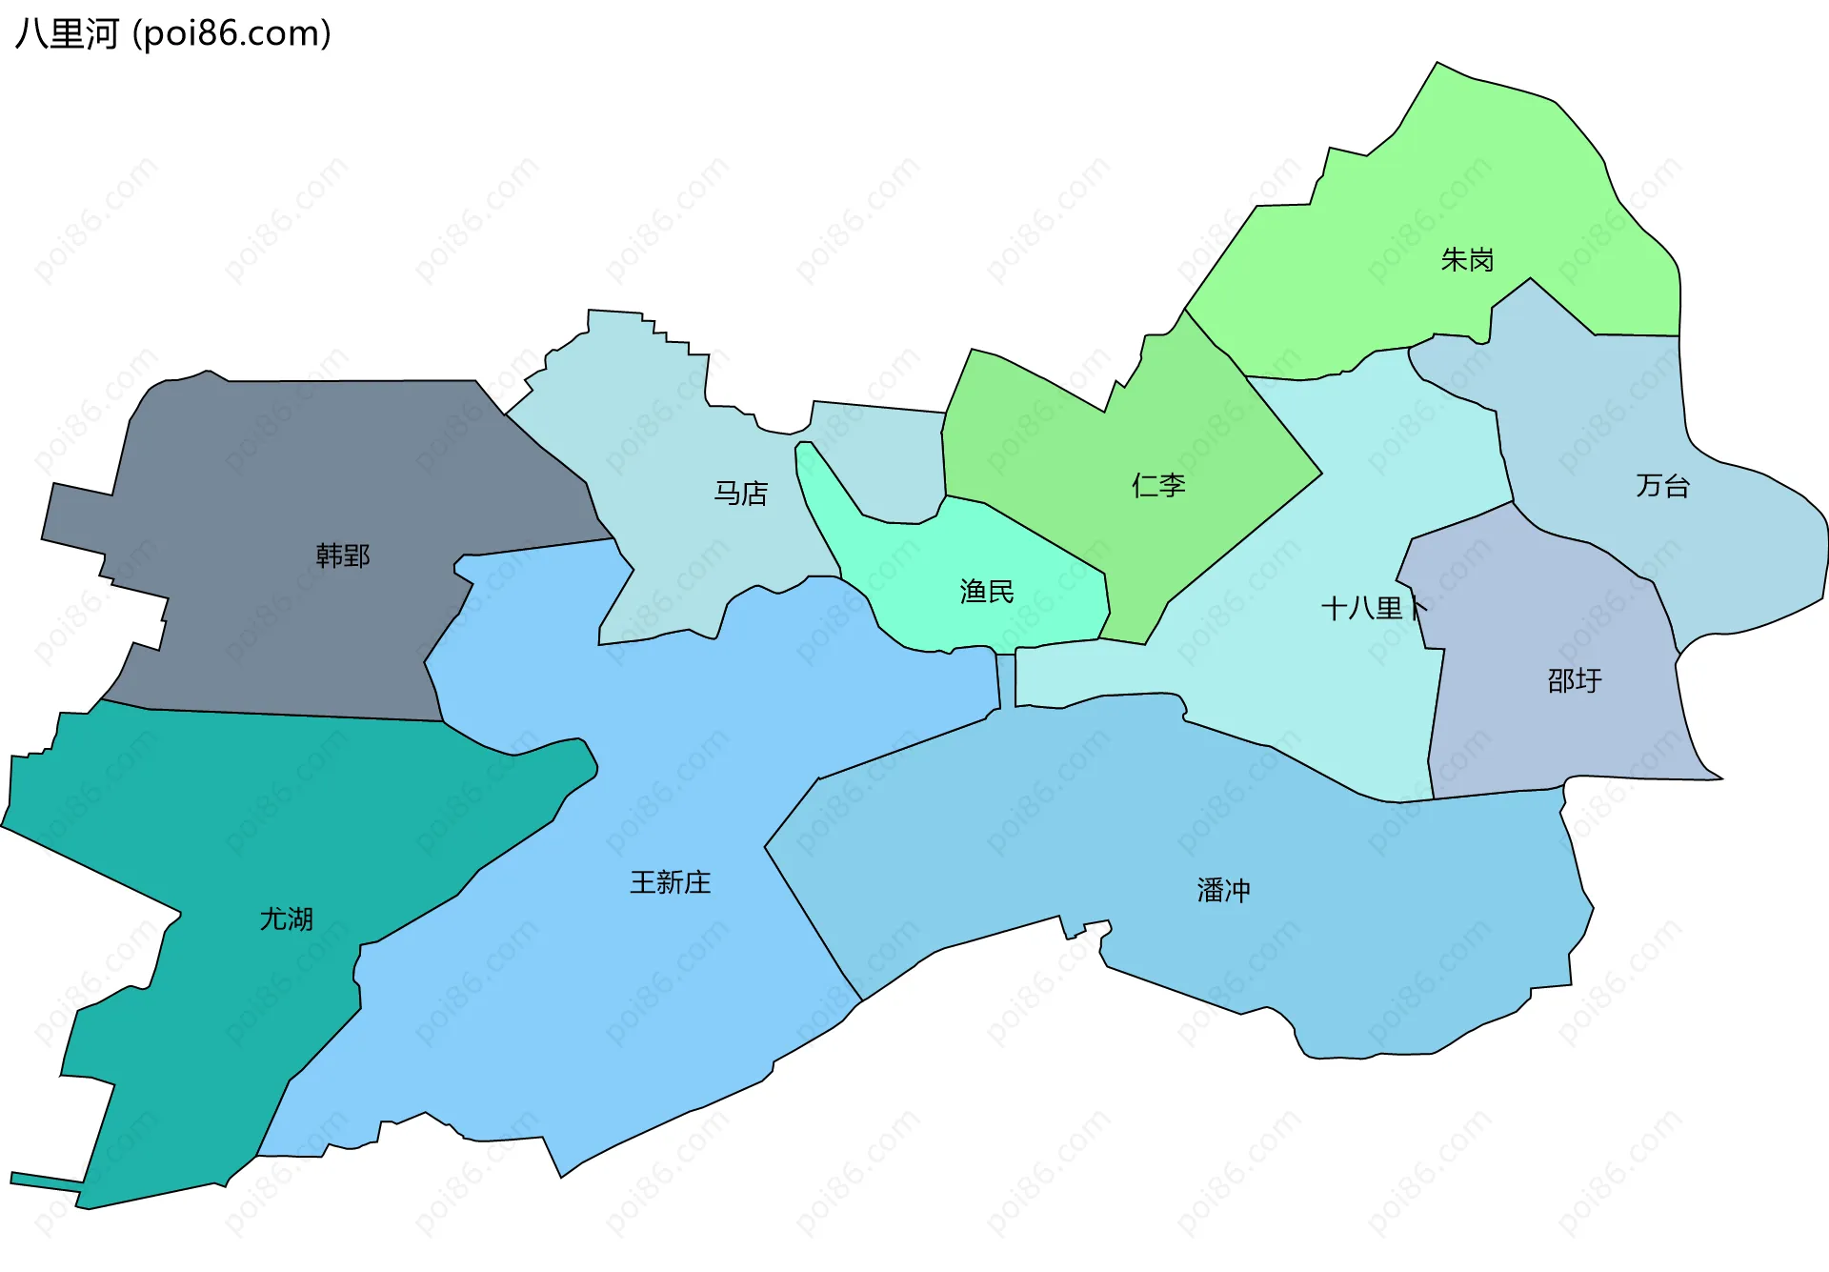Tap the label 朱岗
click(x=1467, y=259)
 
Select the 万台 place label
click(x=1662, y=486)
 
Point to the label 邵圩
click(x=1574, y=680)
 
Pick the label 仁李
click(x=1158, y=486)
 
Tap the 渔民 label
click(x=987, y=592)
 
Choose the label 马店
click(x=741, y=494)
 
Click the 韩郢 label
click(x=343, y=555)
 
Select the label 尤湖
click(x=287, y=919)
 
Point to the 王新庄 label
click(x=671, y=882)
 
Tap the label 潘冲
click(x=1223, y=891)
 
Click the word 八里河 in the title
click(x=67, y=34)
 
